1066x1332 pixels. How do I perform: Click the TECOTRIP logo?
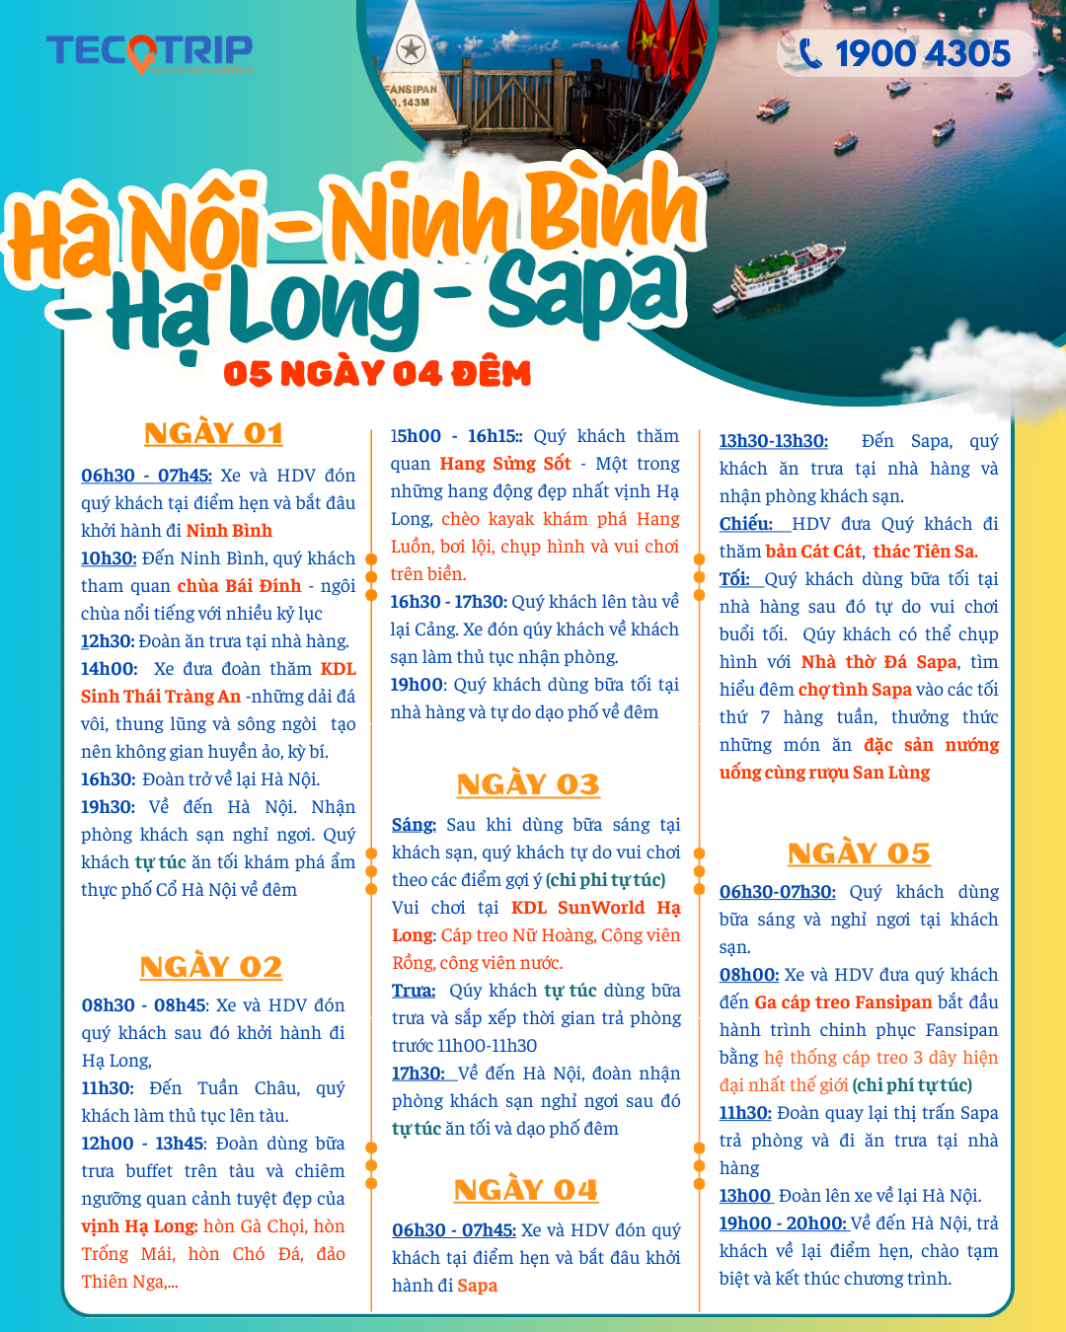149,51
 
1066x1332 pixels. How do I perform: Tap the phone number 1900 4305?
922,53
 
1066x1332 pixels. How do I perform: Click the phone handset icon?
810,53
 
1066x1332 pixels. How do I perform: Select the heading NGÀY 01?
213,433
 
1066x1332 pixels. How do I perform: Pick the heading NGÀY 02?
211,967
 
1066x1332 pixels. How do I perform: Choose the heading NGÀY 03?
528,784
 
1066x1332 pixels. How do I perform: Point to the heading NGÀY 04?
526,1190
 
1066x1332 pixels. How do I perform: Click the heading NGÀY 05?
859,853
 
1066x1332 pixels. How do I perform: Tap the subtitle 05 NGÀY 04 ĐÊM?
377,374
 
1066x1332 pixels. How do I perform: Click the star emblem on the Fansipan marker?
411,48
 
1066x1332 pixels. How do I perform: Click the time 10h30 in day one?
109,558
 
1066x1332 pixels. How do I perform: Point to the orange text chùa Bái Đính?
239,586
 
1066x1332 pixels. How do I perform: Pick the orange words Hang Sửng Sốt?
505,464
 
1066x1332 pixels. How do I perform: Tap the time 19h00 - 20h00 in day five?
783,1223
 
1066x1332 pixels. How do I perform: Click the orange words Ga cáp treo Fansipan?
843,1002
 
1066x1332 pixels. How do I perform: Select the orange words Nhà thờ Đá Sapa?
878,662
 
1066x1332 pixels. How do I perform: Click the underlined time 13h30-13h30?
773,441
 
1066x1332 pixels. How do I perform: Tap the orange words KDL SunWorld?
577,908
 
